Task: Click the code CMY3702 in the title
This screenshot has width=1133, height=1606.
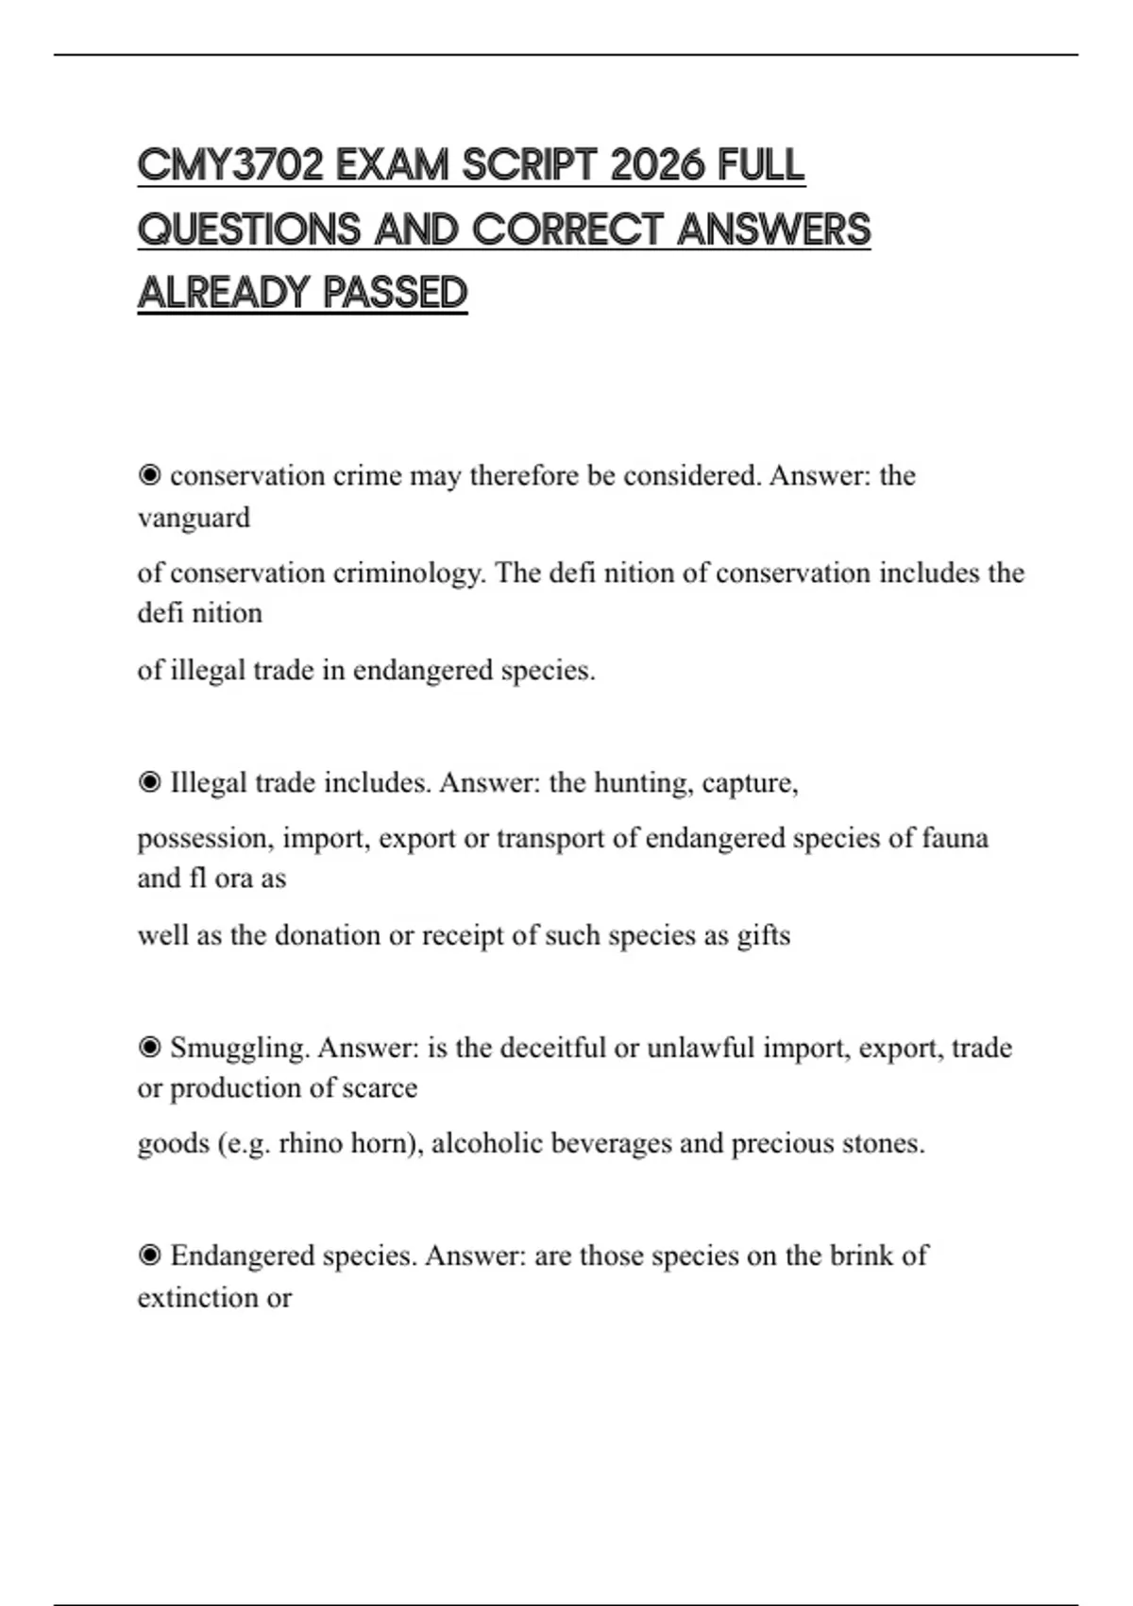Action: [230, 166]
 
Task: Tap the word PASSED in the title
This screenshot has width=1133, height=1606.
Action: [395, 293]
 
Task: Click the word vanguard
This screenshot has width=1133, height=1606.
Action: [194, 518]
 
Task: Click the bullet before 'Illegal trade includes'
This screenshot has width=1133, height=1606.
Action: [149, 782]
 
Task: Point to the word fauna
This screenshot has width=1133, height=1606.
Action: [955, 838]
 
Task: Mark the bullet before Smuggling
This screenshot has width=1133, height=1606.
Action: [149, 1047]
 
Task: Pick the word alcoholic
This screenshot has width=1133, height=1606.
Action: [486, 1143]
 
